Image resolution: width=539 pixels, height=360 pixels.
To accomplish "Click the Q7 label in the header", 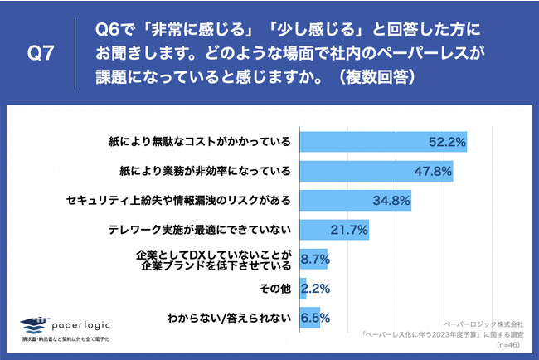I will (41, 55).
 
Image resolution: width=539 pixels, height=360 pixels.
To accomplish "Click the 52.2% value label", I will (445, 143).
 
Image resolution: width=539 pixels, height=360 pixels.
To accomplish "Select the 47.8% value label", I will (432, 172).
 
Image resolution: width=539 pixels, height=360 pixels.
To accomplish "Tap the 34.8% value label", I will (391, 201).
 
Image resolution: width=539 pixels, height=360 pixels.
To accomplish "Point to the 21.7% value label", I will (349, 230).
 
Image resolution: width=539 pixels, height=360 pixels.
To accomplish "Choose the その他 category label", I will (274, 289).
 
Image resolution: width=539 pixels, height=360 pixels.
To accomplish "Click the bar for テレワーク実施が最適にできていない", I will (333, 230).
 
